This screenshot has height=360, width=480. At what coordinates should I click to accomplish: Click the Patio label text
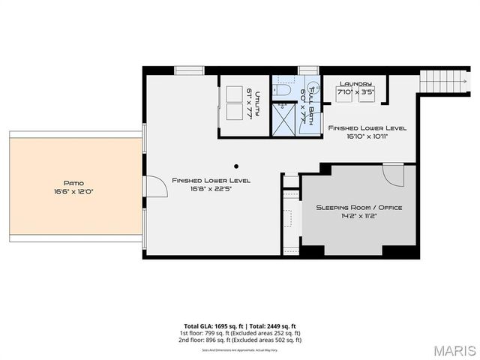coord(73,182)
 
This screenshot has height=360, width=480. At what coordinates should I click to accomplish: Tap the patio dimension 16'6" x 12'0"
coord(73,190)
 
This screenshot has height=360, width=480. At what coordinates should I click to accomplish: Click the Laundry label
coord(356,84)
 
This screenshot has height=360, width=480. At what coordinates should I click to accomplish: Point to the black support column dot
coord(235,166)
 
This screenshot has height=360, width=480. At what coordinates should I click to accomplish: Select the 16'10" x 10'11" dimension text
coord(367,137)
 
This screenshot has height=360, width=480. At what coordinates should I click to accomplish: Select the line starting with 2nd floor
coord(240,340)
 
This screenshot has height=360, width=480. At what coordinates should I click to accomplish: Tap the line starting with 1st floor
coord(240,333)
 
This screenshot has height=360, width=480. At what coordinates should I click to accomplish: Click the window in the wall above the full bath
coord(308,71)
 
